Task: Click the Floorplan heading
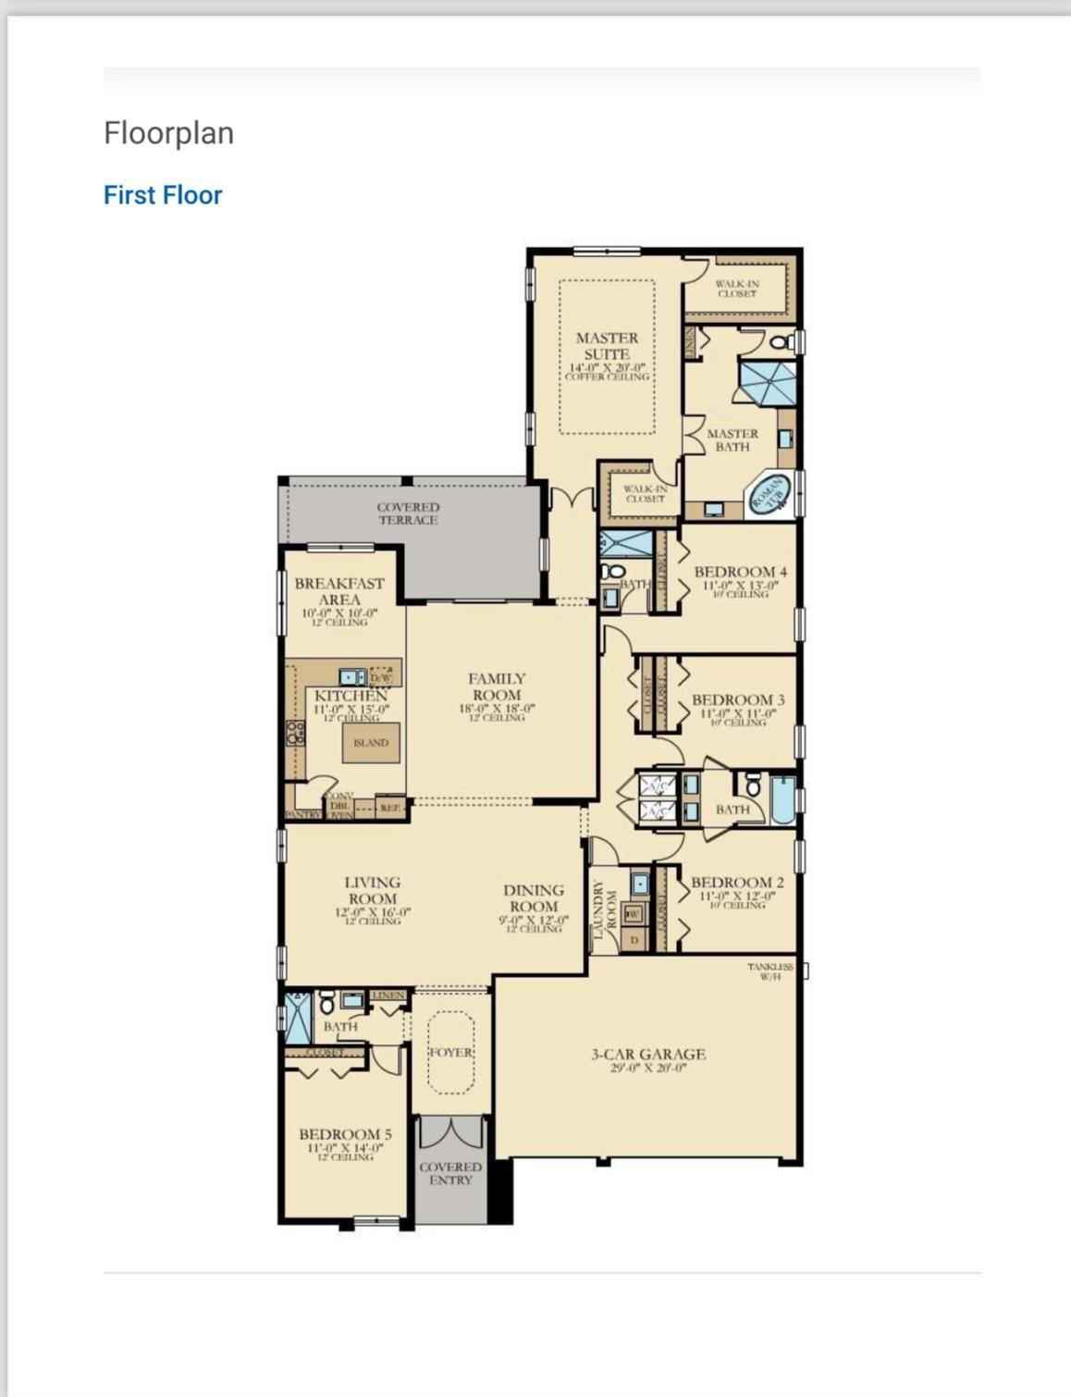[168, 133]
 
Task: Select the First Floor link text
[163, 195]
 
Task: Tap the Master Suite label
[607, 346]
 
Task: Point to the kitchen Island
[371, 743]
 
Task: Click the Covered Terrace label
[408, 513]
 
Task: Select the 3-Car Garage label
[647, 1054]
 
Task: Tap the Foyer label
[450, 1053]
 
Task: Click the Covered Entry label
[450, 1173]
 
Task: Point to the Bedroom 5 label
[345, 1134]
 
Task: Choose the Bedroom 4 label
[740, 572]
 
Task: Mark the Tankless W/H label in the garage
[769, 971]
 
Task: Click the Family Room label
[497, 686]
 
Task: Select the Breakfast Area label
[339, 591]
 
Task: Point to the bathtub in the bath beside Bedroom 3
[782, 800]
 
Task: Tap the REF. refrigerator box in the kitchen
[390, 808]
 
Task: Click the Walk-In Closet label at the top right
[737, 289]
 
